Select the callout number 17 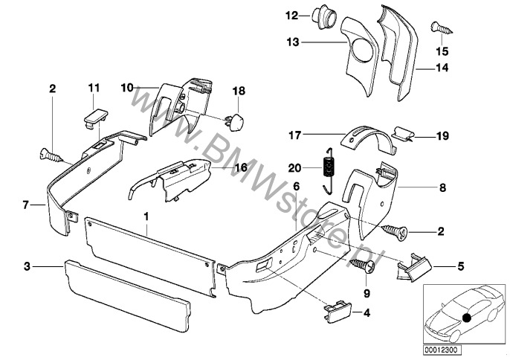point(296,135)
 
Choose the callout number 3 point(27,265)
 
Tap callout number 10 point(127,88)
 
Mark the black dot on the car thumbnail point(466,318)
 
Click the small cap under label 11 point(93,115)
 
